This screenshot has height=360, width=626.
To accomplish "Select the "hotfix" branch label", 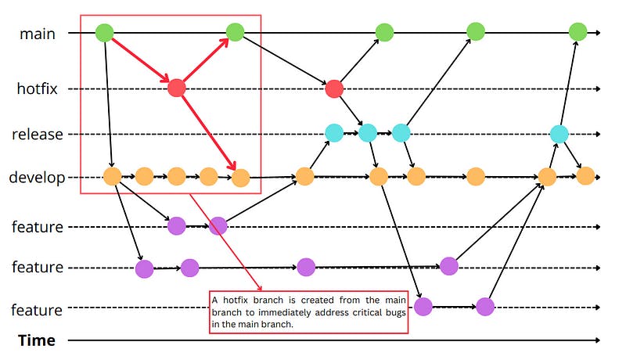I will tap(38, 88).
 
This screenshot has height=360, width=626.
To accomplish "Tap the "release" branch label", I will tap(37, 134).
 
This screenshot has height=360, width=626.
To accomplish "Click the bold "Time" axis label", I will tap(37, 340).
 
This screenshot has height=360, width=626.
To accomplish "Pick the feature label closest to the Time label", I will tap(37, 310).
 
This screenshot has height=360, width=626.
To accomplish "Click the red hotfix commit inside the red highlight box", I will tap(177, 88).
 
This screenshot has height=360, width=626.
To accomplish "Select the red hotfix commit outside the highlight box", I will tap(335, 88).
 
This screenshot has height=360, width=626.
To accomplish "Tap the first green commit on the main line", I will tap(105, 33).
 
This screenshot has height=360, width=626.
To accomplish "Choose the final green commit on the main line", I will tap(577, 32).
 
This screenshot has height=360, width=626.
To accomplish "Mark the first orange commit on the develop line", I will tap(112, 176).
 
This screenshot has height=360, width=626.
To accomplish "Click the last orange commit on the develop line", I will tap(585, 176).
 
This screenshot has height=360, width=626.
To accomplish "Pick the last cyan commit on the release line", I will tap(559, 134).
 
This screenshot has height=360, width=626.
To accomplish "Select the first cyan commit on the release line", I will tap(335, 133).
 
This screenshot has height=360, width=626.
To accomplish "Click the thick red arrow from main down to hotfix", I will tap(139, 59).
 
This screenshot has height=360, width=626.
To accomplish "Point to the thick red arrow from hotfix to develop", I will tap(207, 131).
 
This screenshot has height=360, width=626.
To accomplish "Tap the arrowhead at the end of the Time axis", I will tap(597, 340).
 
